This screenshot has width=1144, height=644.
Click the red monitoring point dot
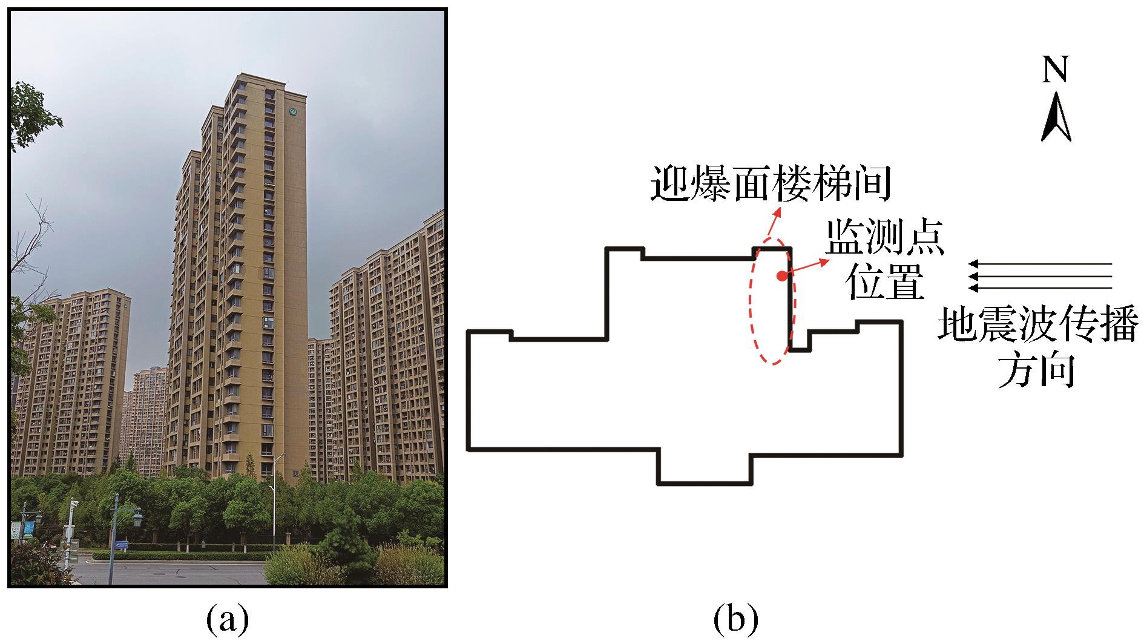click(x=782, y=276)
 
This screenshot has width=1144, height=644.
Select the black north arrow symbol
click(x=1056, y=117)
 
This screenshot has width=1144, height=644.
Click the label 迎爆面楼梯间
click(x=771, y=184)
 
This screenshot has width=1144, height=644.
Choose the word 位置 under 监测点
click(x=886, y=283)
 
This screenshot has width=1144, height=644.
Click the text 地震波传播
click(x=1038, y=326)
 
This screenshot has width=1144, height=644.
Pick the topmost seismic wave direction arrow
click(x=1040, y=264)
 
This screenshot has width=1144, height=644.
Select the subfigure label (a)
click(x=228, y=619)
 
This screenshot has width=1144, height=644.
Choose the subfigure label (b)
click(x=735, y=619)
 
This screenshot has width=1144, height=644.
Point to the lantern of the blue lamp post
click(x=137, y=520)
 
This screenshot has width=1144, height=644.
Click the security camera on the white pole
click(x=74, y=503)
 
